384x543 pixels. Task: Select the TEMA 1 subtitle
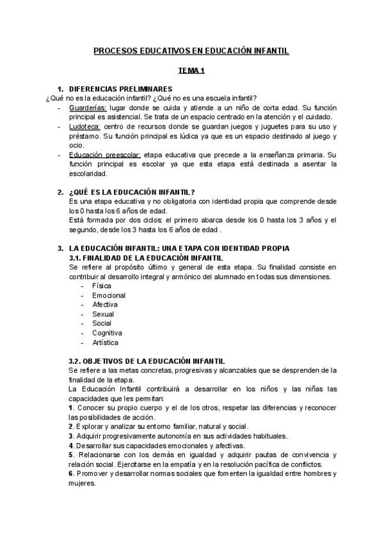point(191,72)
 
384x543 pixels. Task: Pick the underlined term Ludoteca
point(84,127)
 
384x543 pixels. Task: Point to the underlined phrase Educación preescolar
point(105,155)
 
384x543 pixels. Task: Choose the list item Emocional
point(109,295)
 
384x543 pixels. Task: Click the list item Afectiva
point(105,305)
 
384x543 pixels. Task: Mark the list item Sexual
point(103,314)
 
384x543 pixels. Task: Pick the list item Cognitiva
point(107,333)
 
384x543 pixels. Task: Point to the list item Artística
point(105,343)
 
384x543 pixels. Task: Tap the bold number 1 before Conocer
point(70,408)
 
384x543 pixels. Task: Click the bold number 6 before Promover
point(70,474)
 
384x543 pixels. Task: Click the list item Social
point(102,323)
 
